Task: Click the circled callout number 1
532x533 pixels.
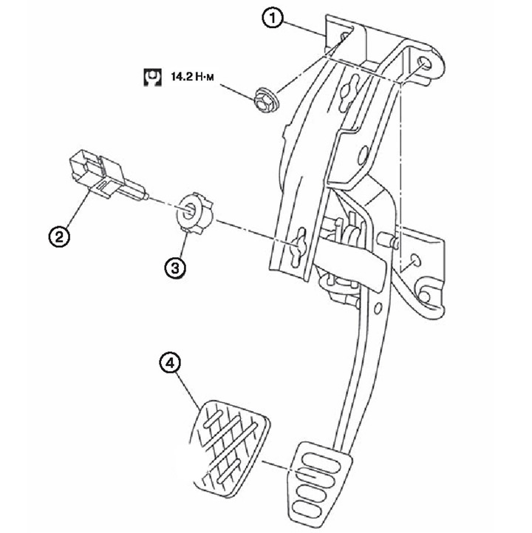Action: pos(273,18)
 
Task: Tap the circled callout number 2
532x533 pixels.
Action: pos(59,237)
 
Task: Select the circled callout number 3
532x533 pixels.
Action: pos(175,268)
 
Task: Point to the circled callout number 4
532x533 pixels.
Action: pos(170,363)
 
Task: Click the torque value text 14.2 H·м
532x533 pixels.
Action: pos(192,77)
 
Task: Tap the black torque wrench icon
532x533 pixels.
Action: pos(152,77)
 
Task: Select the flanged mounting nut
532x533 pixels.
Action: pos(266,100)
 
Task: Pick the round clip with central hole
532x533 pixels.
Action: pos(194,212)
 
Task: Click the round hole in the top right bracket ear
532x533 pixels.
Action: pos(424,64)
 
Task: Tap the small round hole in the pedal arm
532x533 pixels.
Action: pos(378,308)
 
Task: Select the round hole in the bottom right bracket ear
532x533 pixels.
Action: pos(425,296)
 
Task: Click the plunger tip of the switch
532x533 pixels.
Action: pos(146,196)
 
